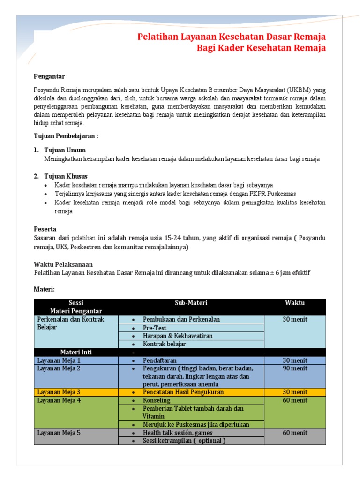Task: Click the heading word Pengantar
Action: tap(49, 76)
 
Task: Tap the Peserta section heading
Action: tap(45, 229)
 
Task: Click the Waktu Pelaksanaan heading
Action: tap(63, 264)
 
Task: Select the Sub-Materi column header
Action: tap(191, 303)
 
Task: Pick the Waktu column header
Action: tap(294, 303)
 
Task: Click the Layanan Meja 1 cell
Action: tap(59, 360)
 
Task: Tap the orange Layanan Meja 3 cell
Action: tap(59, 392)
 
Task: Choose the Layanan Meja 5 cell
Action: tap(59, 433)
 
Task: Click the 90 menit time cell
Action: tap(294, 368)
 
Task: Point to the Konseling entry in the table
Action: tap(157, 400)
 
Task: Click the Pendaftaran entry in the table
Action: tap(160, 360)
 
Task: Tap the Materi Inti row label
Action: tap(76, 352)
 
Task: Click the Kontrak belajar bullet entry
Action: tap(165, 344)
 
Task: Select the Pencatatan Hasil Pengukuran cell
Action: tap(183, 392)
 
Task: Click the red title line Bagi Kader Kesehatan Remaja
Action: tap(261, 48)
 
